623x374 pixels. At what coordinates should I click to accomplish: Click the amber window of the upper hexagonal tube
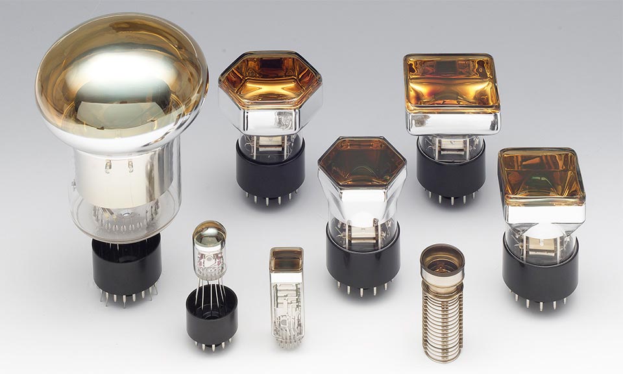(269, 81)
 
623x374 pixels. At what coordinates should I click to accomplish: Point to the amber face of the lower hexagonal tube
(362, 162)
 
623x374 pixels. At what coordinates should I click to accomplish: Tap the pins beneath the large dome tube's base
(127, 297)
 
